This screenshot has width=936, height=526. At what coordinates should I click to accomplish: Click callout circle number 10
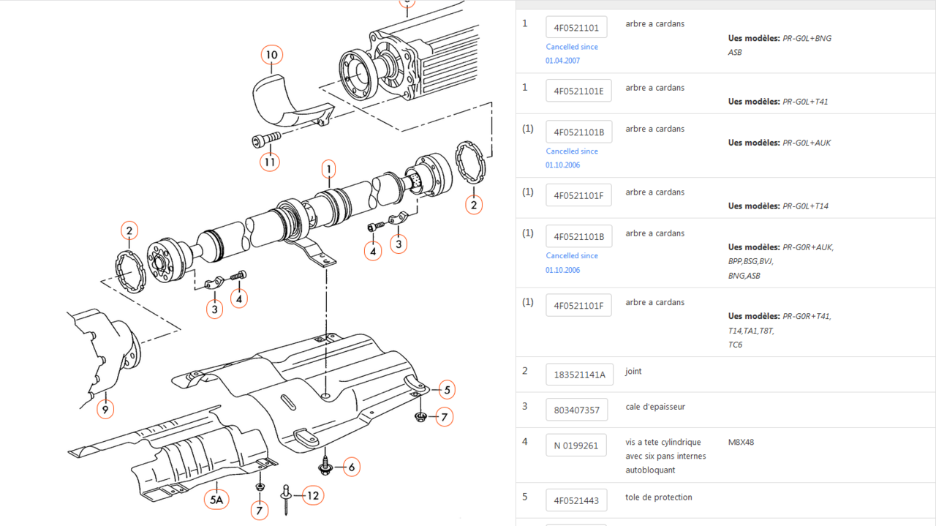pyautogui.click(x=271, y=55)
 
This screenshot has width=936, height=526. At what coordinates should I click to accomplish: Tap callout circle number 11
pyautogui.click(x=271, y=161)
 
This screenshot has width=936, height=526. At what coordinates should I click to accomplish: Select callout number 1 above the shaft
pyautogui.click(x=329, y=169)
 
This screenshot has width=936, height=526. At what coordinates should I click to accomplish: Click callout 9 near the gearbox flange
pyautogui.click(x=105, y=410)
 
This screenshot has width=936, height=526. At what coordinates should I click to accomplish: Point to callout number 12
pyautogui.click(x=313, y=495)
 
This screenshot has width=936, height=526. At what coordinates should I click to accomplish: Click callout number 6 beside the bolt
pyautogui.click(x=351, y=467)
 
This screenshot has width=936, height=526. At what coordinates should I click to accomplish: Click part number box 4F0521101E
pyautogui.click(x=578, y=91)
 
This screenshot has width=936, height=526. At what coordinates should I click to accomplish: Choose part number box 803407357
pyautogui.click(x=576, y=410)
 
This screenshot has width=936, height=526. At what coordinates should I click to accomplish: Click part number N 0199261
pyautogui.click(x=575, y=445)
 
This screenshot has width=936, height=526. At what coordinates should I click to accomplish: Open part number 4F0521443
pyautogui.click(x=576, y=500)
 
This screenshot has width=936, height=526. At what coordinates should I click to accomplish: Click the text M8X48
pyautogui.click(x=741, y=442)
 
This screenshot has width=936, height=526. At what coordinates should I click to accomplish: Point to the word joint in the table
pyautogui.click(x=633, y=371)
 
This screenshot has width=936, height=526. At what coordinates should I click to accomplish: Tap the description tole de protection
pyautogui.click(x=658, y=497)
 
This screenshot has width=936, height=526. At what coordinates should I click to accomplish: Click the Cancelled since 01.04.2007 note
pyautogui.click(x=571, y=53)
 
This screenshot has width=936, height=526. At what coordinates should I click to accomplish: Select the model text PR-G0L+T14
pyautogui.click(x=805, y=206)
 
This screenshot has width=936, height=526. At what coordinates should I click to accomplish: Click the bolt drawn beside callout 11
pyautogui.click(x=266, y=138)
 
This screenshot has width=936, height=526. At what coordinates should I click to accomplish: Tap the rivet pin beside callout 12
pyautogui.click(x=287, y=499)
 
